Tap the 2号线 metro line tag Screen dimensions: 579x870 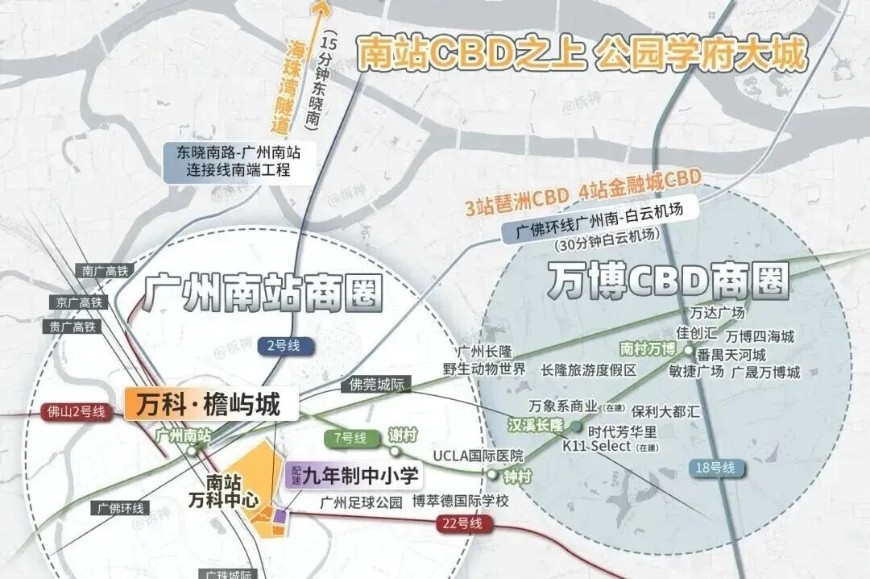point(283,345)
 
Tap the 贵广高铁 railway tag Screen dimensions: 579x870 point(72,327)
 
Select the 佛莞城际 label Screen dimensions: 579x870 point(375,385)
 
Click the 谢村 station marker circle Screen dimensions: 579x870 point(396,451)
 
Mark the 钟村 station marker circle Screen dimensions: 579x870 point(492,474)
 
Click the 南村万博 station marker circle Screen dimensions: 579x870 point(688,350)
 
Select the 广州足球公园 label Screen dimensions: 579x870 point(361,502)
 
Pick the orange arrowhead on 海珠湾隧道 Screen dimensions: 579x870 point(321,10)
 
